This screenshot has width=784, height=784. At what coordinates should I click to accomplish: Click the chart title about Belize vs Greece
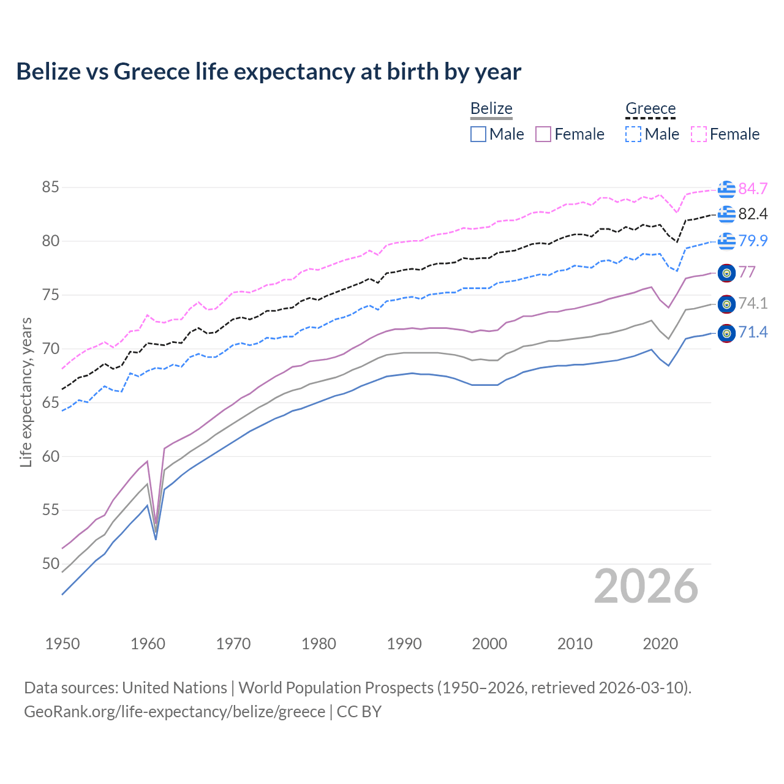[x=268, y=72]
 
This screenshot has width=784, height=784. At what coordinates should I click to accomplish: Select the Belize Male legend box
[x=478, y=134]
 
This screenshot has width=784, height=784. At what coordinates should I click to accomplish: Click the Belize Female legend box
[x=543, y=134]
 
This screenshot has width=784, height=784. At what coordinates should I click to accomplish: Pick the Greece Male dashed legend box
[x=633, y=134]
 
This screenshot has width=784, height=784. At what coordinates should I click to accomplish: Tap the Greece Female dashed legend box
[x=699, y=134]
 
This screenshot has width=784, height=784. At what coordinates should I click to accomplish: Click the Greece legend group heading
[x=650, y=109]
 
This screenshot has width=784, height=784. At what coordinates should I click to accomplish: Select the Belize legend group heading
[x=491, y=109]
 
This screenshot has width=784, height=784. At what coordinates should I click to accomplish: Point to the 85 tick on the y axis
[x=50, y=187]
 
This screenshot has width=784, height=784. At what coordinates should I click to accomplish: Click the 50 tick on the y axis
[x=50, y=563]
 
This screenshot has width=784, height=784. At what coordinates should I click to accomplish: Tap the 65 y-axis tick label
[x=50, y=402]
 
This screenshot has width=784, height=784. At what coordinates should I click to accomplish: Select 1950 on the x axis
[x=62, y=644]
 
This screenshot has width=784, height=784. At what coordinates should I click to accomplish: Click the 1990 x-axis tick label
[x=404, y=644]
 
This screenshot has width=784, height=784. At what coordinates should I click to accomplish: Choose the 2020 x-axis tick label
[x=660, y=644]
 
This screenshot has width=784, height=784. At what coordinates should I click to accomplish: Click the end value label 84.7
[x=753, y=189]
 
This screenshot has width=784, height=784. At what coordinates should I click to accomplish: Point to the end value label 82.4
[x=753, y=214]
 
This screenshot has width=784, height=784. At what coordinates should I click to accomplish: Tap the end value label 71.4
[x=753, y=333]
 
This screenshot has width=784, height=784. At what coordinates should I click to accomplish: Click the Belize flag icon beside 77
[x=726, y=273]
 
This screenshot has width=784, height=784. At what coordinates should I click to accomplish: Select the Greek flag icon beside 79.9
[x=726, y=241]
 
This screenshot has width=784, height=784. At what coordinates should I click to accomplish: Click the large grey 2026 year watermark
[x=646, y=587]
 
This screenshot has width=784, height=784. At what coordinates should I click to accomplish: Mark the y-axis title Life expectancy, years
[x=26, y=392]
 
